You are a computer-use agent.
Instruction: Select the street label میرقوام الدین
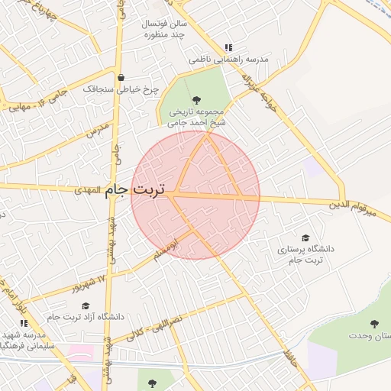tap(352, 206)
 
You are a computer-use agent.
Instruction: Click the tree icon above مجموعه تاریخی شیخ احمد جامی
tap(196, 99)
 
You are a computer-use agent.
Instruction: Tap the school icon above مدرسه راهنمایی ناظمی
tap(228, 47)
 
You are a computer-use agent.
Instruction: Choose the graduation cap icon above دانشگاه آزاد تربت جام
tap(85, 305)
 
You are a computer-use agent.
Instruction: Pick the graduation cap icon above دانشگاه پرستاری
tap(306, 238)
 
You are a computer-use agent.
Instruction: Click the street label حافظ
tap(289, 356)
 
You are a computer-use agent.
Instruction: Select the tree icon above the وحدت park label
tap(374, 325)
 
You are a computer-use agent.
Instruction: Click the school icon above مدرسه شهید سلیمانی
tap(24, 324)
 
